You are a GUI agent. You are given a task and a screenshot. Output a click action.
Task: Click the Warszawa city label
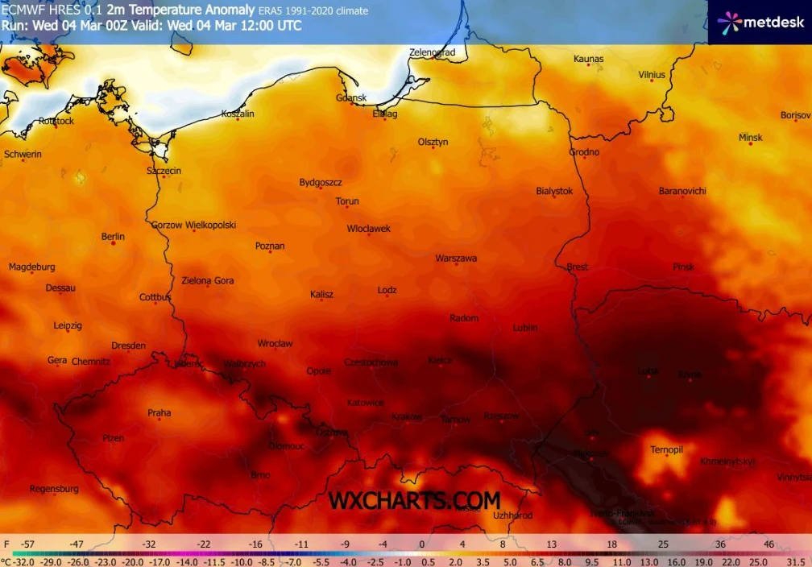pyautogui.click(x=456, y=259)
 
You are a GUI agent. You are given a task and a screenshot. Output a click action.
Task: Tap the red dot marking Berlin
pyautogui.click(x=114, y=243)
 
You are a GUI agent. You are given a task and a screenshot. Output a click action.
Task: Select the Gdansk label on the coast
pyautogui.click(x=351, y=98)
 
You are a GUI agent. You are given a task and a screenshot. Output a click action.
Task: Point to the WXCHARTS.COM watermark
pyautogui.click(x=414, y=500)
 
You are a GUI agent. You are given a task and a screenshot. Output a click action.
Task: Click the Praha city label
pyautogui.click(x=159, y=413)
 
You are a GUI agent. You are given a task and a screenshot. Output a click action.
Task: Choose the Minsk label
pyautogui.click(x=750, y=138)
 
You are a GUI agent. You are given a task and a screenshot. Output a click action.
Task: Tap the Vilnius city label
pyautogui.click(x=652, y=75)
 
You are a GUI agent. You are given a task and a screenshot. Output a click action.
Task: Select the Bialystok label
pyautogui.click(x=554, y=191)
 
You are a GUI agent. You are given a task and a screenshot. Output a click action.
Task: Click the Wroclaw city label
pyautogui.click(x=275, y=343)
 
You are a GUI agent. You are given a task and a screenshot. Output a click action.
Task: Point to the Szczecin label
pyautogui.click(x=164, y=171)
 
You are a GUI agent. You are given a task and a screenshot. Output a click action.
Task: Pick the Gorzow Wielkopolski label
pyautogui.click(x=193, y=226)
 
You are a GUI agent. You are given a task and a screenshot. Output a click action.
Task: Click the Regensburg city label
pyautogui.click(x=54, y=489)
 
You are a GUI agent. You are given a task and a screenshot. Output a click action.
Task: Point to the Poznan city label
pyautogui.click(x=270, y=246)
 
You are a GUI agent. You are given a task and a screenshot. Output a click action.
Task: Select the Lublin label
pyautogui.click(x=525, y=328)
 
